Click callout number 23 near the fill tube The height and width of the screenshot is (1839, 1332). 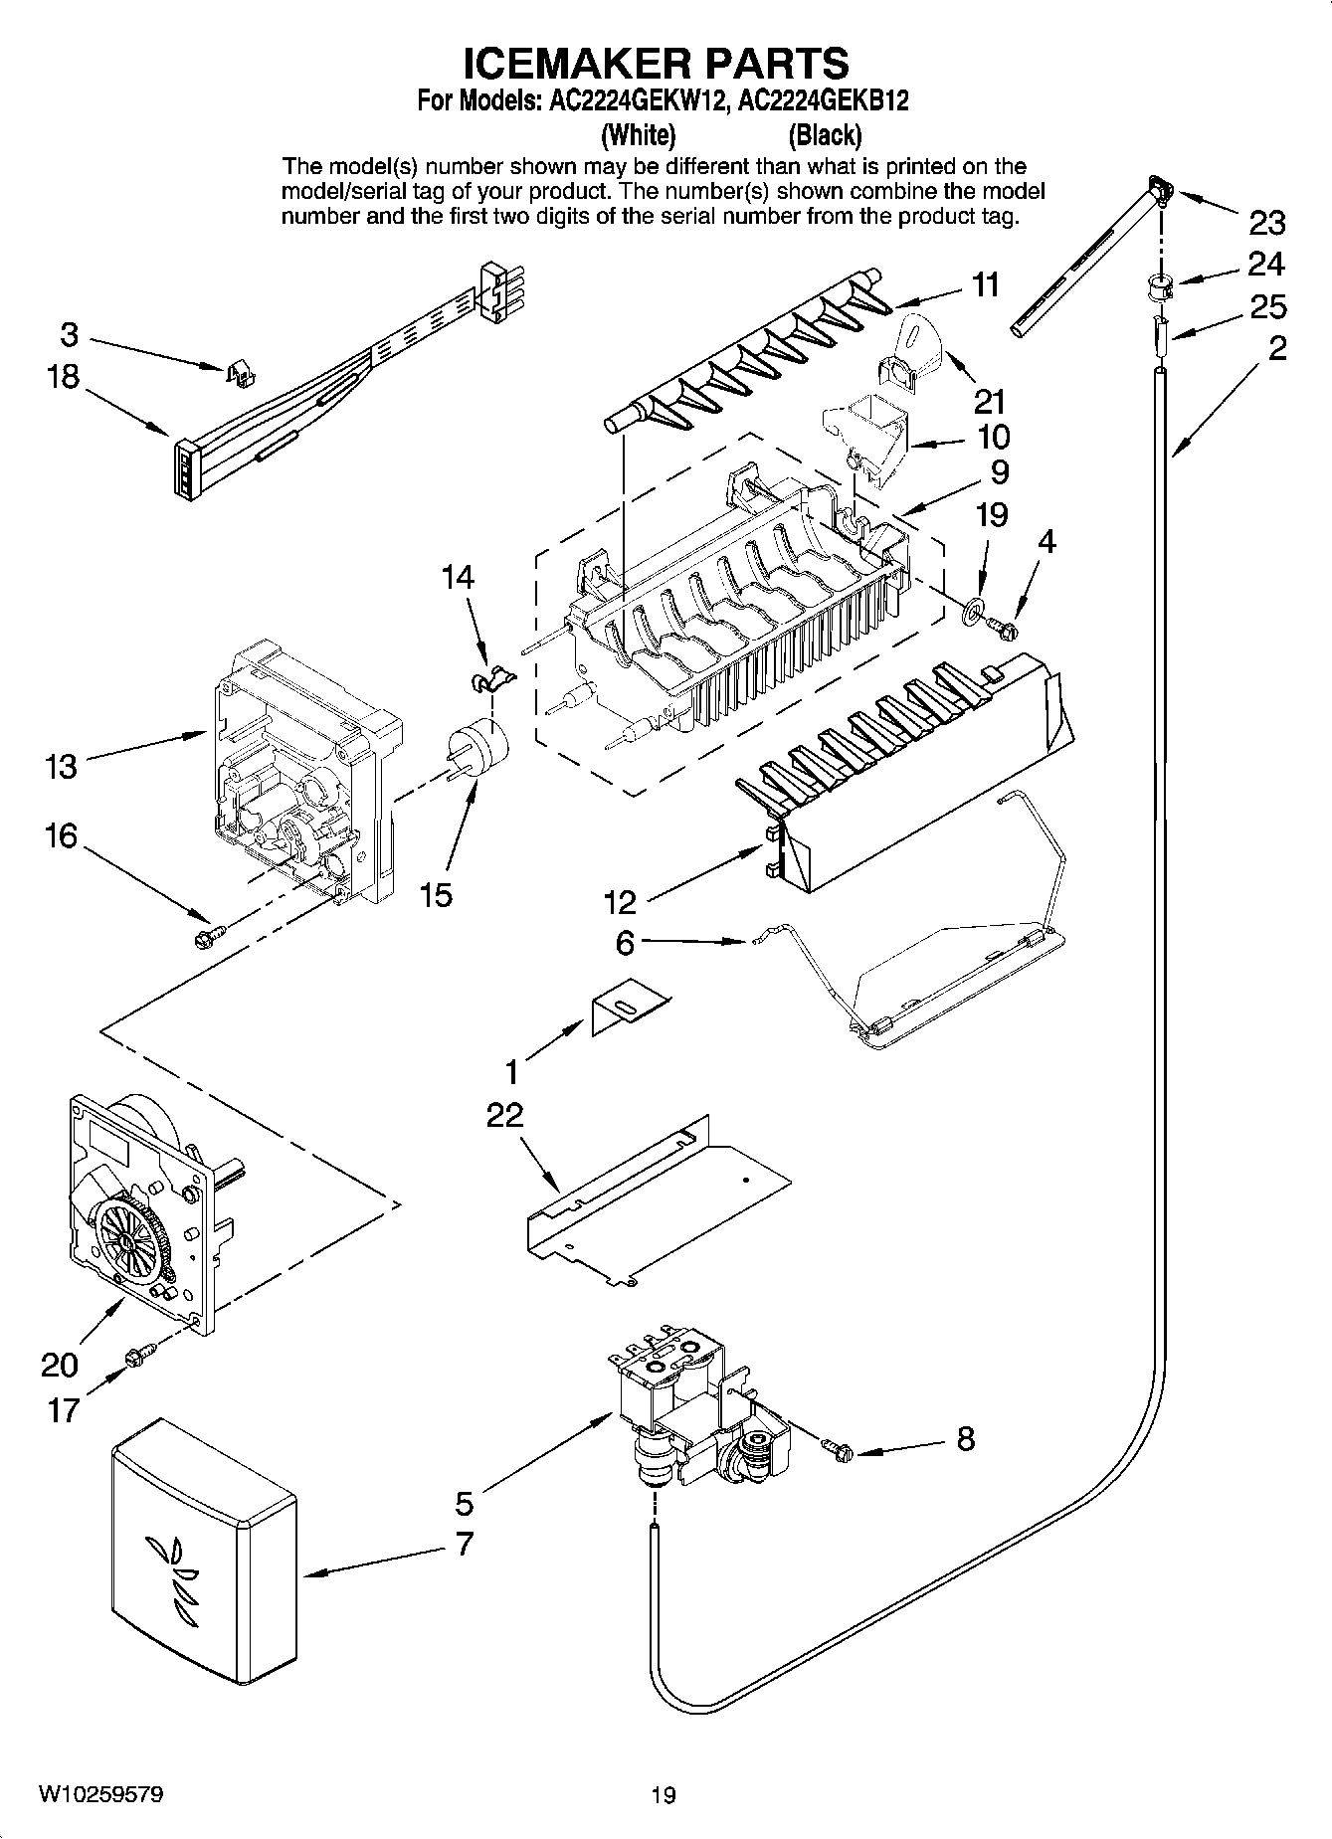click(x=1266, y=223)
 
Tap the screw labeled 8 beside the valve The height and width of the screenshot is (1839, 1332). click(x=839, y=1451)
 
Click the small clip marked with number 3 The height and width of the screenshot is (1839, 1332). click(x=239, y=373)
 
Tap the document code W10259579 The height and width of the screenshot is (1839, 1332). click(x=100, y=1794)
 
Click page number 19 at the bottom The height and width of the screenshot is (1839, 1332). click(x=664, y=1794)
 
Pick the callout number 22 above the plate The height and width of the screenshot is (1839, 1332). click(x=504, y=1115)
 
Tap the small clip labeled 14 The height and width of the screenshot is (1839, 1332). click(x=491, y=678)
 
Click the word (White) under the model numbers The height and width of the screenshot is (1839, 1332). click(x=638, y=134)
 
